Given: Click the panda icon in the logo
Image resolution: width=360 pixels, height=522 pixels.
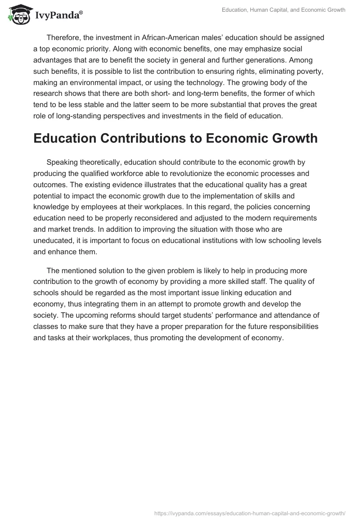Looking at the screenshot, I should tap(18, 14).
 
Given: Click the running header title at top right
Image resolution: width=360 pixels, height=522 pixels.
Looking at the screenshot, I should tap(283, 10).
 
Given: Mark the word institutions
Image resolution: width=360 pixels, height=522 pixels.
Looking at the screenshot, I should tap(220, 240).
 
